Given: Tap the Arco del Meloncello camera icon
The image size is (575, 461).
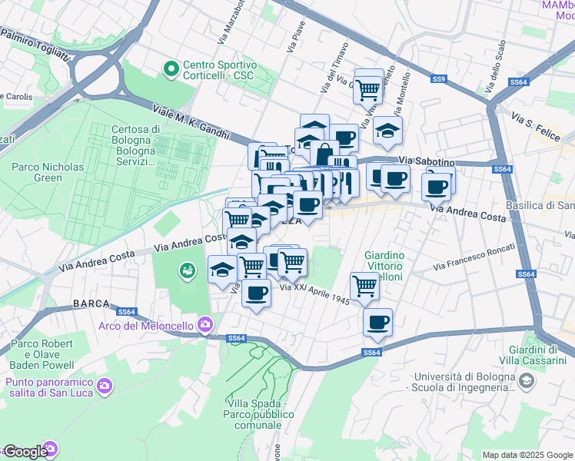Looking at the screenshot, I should point(204,325).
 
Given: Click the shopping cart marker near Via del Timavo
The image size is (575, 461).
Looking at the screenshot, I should point(369,87).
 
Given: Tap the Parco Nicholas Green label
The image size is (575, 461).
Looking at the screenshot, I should point(48,172).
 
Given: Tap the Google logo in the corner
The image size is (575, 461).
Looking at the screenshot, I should point(25,452).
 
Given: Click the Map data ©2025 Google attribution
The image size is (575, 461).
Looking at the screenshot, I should point(527,455).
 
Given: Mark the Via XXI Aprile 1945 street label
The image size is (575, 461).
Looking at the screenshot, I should point(314,294).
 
